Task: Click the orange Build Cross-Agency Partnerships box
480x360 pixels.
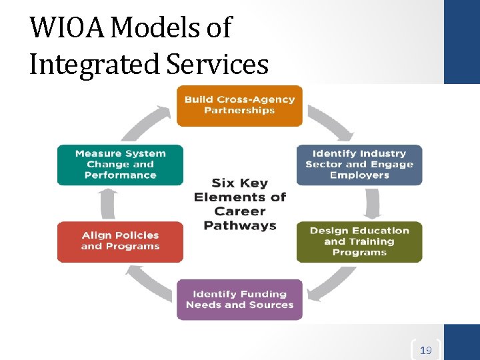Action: click(239, 105)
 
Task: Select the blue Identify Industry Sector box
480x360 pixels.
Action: click(359, 165)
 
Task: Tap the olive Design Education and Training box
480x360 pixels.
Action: click(359, 241)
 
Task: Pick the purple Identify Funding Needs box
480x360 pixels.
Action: click(239, 299)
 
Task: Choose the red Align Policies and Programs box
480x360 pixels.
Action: click(120, 241)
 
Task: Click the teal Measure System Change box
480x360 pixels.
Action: click(120, 165)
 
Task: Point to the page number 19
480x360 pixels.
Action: click(425, 350)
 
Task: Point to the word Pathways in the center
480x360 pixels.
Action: click(240, 225)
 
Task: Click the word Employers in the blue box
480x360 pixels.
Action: click(359, 175)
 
